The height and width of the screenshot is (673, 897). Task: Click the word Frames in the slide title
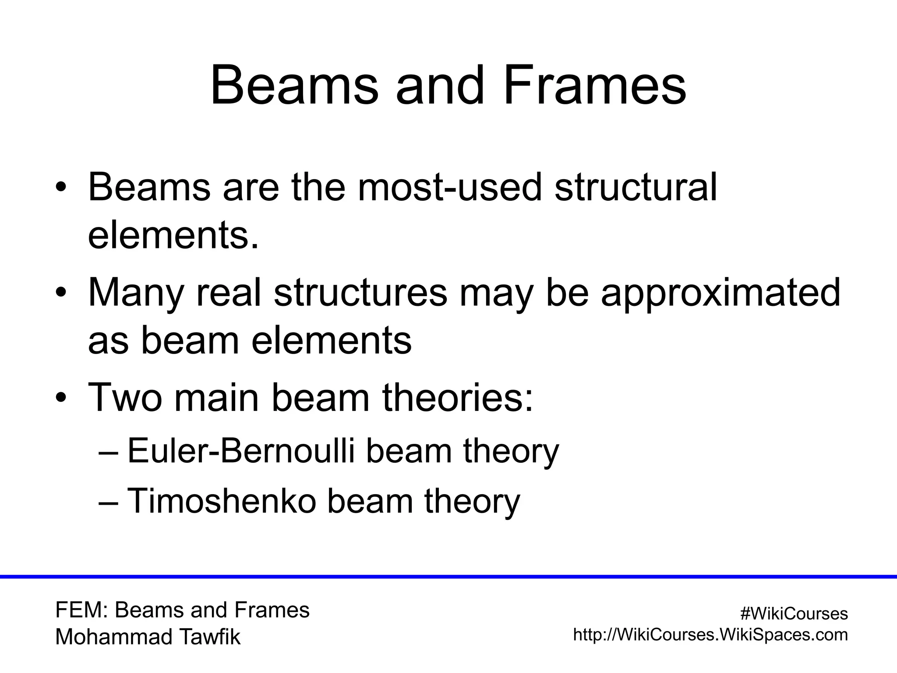[594, 86]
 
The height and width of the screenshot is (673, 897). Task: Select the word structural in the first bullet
[636, 188]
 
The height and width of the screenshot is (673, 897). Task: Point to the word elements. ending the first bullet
[173, 236]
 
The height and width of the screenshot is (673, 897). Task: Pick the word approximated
[720, 293]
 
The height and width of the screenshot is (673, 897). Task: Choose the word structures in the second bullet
[360, 293]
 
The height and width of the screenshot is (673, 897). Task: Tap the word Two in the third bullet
[124, 397]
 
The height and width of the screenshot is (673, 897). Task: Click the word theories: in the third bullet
[458, 397]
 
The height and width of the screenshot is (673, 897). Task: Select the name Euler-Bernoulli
[240, 451]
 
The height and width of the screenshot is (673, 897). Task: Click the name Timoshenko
[222, 501]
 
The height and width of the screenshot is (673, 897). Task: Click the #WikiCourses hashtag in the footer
[794, 614]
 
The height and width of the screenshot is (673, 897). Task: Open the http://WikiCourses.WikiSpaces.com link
[710, 634]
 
